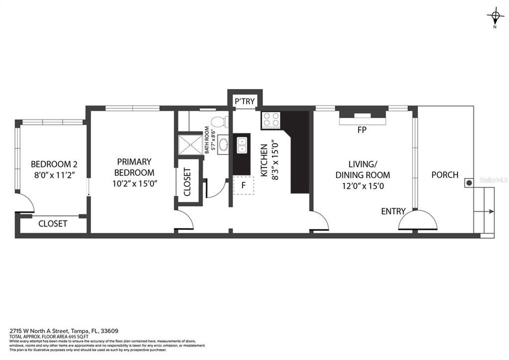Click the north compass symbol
(495, 18)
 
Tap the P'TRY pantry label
(244, 101)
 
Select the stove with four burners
(271, 120)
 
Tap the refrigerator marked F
(243, 185)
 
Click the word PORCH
(444, 174)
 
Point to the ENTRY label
(393, 211)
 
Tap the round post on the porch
(469, 183)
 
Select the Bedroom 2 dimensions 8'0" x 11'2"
(53, 175)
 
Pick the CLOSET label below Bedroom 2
(53, 223)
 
